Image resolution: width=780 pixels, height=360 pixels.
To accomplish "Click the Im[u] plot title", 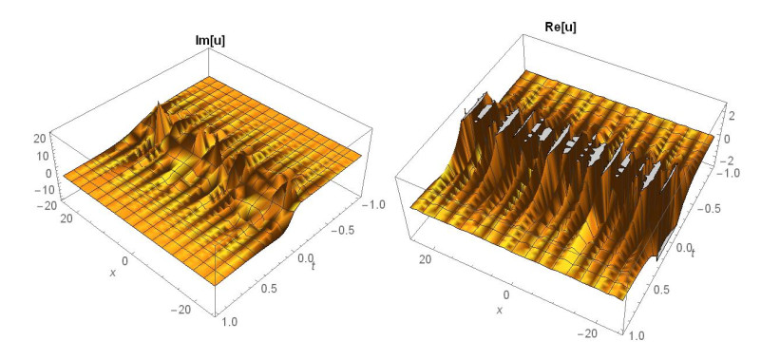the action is pyautogui.click(x=215, y=41).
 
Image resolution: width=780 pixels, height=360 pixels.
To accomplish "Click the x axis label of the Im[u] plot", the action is pyautogui.click(x=113, y=272).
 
